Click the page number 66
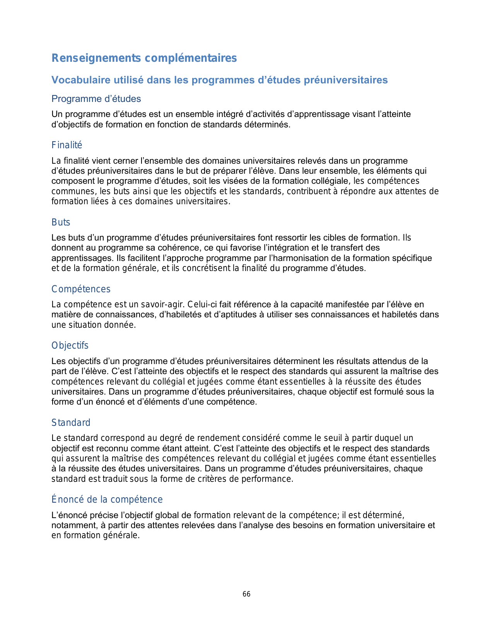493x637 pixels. tap(246, 594)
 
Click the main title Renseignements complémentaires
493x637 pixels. tap(144, 58)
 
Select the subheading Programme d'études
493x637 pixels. tap(96, 99)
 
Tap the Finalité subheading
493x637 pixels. tap(67, 145)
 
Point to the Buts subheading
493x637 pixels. tap(61, 222)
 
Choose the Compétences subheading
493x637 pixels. tap(81, 289)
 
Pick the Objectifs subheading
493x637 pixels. tap(70, 346)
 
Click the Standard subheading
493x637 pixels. tap(71, 423)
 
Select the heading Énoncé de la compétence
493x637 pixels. tap(107, 500)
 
